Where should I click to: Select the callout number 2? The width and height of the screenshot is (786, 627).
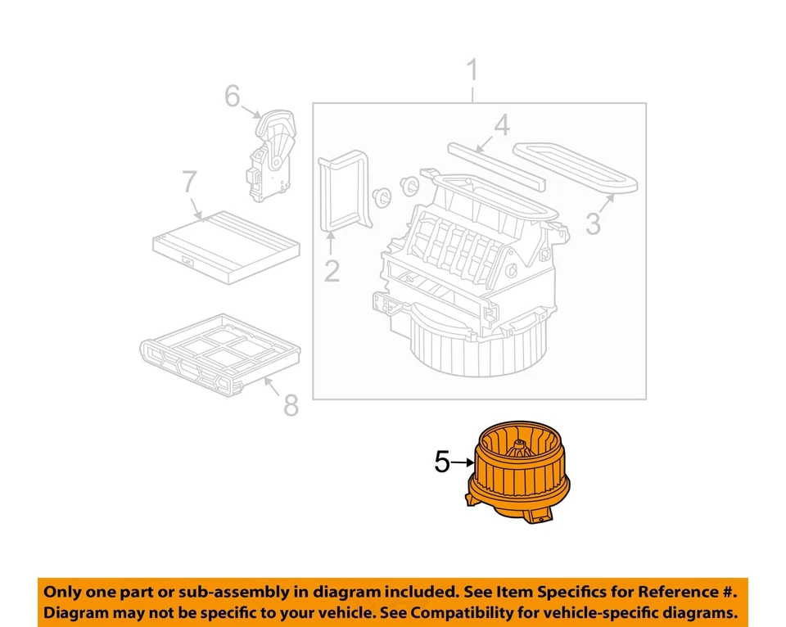[331, 269]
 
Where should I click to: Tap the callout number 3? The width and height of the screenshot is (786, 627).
[593, 221]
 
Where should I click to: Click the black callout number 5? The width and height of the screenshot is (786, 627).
[442, 463]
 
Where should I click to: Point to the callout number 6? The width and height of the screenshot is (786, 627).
[233, 97]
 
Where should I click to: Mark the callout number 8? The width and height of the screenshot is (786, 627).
[291, 404]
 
